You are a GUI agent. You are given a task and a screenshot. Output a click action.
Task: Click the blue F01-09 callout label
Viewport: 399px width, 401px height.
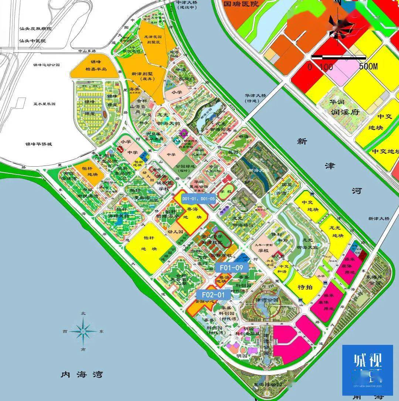tap(231, 267)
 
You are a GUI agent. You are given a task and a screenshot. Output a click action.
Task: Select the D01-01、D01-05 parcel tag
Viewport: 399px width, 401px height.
tap(198, 199)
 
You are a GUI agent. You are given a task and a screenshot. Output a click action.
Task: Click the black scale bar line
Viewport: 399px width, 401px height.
tap(338, 57)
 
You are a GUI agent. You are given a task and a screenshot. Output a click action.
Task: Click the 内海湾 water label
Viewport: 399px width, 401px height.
tap(82, 375)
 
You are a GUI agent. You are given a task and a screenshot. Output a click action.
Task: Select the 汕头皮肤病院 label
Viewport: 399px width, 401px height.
tap(36, 28)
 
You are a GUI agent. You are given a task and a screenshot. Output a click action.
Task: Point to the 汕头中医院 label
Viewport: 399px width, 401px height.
tap(33, 41)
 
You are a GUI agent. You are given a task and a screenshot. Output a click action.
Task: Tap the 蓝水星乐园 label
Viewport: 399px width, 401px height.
tap(44, 104)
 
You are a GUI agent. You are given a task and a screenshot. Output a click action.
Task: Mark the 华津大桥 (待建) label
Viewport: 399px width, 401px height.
tap(255, 98)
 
